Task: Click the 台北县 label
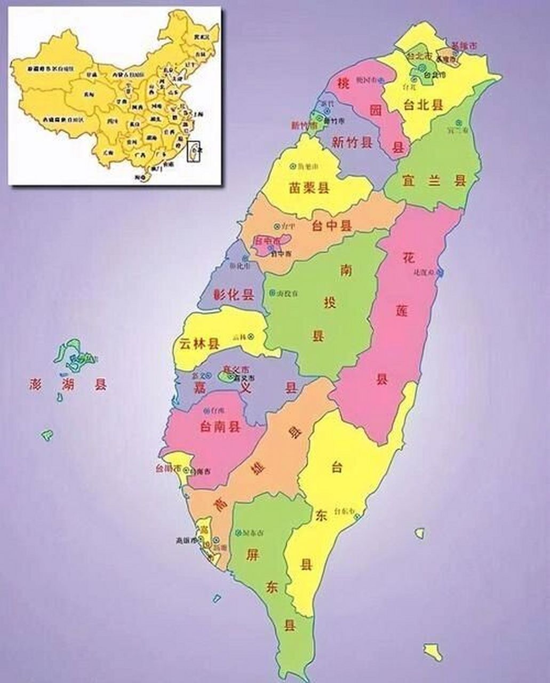coord(424,105)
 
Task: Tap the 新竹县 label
coord(352,142)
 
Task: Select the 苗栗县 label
coord(309,187)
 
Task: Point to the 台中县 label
coord(332,226)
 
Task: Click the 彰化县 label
coord(234,295)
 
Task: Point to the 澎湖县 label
coord(68,384)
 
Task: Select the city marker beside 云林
coord(250,337)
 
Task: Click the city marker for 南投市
coord(272,293)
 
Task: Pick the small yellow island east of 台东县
coord(420,533)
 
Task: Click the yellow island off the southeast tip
coord(433,652)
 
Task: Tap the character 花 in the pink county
coord(409,259)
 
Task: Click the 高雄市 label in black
coord(186,540)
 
